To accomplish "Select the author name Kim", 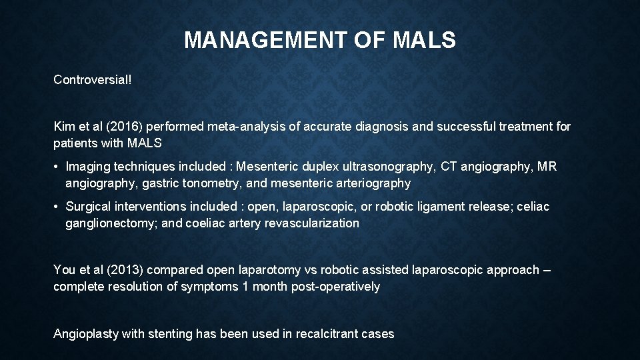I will pyautogui.click(x=65, y=126).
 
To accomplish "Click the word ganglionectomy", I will pyautogui.click(x=111, y=223).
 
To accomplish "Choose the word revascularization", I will pyautogui.click(x=312, y=223).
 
